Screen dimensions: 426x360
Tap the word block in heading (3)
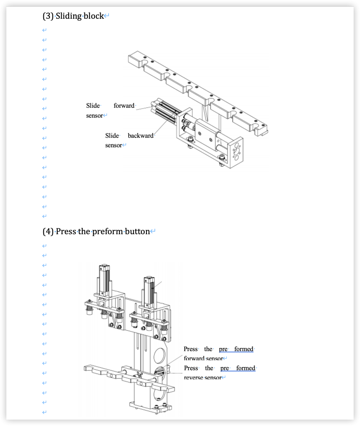(x=94, y=16)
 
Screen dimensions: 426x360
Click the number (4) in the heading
(x=48, y=231)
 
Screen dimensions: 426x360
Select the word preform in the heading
(x=107, y=231)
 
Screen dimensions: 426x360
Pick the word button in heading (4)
(x=137, y=231)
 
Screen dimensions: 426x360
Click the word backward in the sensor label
(x=140, y=136)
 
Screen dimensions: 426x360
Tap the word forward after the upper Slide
(x=124, y=106)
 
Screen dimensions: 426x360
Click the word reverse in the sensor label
(x=193, y=377)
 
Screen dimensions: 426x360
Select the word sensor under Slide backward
(x=113, y=145)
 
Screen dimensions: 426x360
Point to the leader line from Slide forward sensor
(x=144, y=108)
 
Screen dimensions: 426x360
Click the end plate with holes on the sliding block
(x=236, y=150)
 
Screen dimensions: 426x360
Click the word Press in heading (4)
(x=66, y=231)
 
